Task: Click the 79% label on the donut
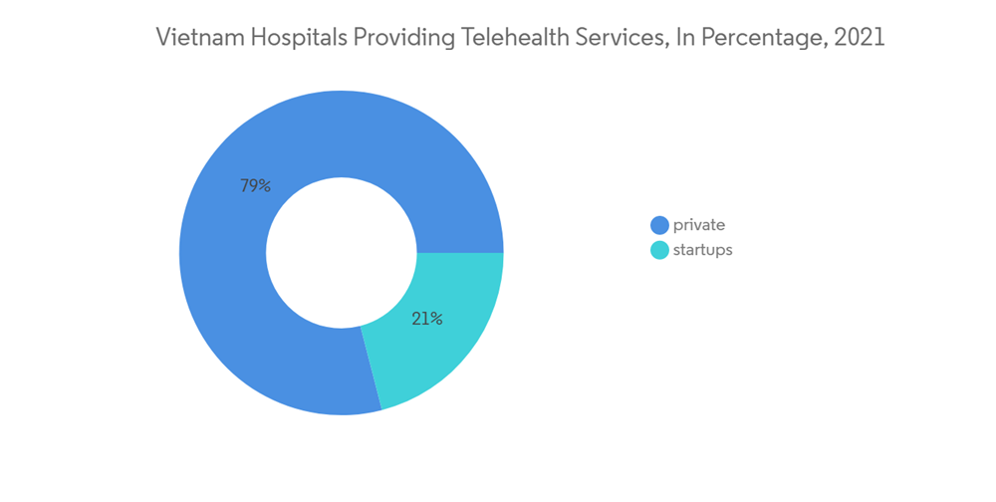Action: coord(255,185)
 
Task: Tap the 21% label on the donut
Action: coord(427,320)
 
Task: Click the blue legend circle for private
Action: coord(659,225)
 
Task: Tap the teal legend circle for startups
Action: coord(659,250)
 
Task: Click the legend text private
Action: coord(699,225)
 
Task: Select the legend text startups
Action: coord(703,250)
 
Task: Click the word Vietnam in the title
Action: coord(195,38)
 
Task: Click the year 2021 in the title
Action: coord(861,38)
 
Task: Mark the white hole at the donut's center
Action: coord(342,252)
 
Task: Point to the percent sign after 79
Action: coord(264,185)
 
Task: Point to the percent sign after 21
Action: coord(436,320)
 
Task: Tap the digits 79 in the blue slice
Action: coord(248,185)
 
